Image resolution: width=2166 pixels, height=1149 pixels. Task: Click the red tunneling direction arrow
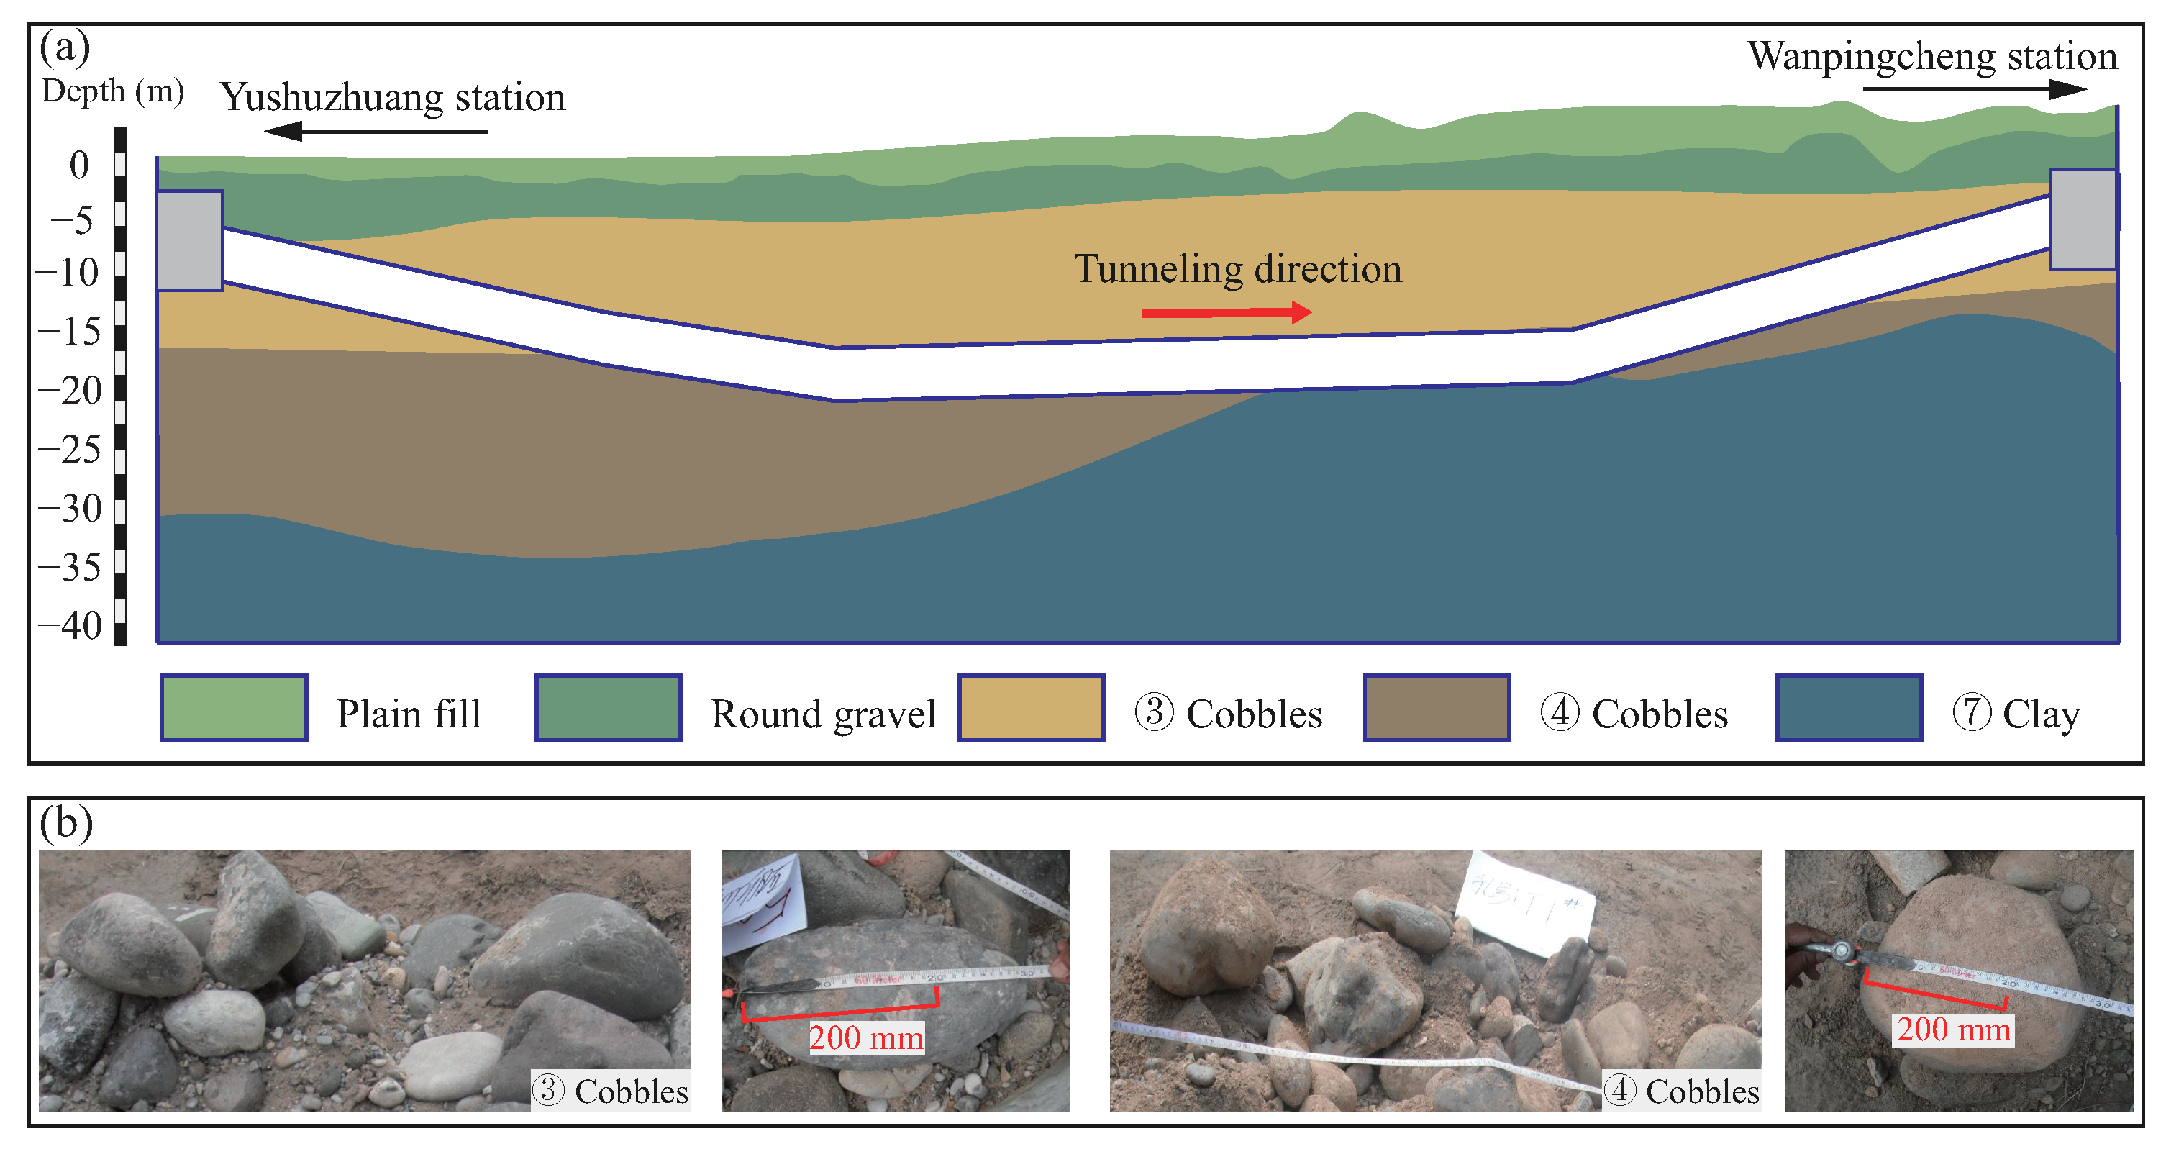[x=1226, y=313]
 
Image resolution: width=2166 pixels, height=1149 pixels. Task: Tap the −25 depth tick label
[x=70, y=449]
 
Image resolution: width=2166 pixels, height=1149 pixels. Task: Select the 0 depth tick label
[x=79, y=165]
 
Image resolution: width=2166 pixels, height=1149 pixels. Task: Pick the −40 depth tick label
[x=70, y=626]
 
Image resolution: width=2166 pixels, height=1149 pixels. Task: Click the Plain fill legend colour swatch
[x=234, y=708]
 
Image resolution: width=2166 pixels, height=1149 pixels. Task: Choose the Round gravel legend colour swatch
[x=608, y=708]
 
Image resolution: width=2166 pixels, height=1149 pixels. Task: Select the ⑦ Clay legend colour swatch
[x=1849, y=708]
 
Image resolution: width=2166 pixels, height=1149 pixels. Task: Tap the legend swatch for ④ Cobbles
[x=1436, y=708]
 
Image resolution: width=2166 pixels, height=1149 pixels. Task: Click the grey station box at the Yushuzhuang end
[x=190, y=240]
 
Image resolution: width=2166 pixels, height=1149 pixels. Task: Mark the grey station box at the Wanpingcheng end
[x=2083, y=219]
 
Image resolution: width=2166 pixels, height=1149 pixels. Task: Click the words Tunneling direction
[x=1238, y=269]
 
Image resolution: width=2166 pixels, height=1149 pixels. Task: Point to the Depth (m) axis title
[x=113, y=91]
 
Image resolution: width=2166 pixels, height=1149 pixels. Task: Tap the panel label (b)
[x=65, y=822]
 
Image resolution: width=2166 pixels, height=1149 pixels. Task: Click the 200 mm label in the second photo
[x=866, y=1037]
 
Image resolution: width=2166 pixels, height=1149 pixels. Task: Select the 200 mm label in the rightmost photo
[x=1953, y=1029]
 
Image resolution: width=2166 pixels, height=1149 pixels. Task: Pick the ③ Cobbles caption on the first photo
[x=611, y=1091]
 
